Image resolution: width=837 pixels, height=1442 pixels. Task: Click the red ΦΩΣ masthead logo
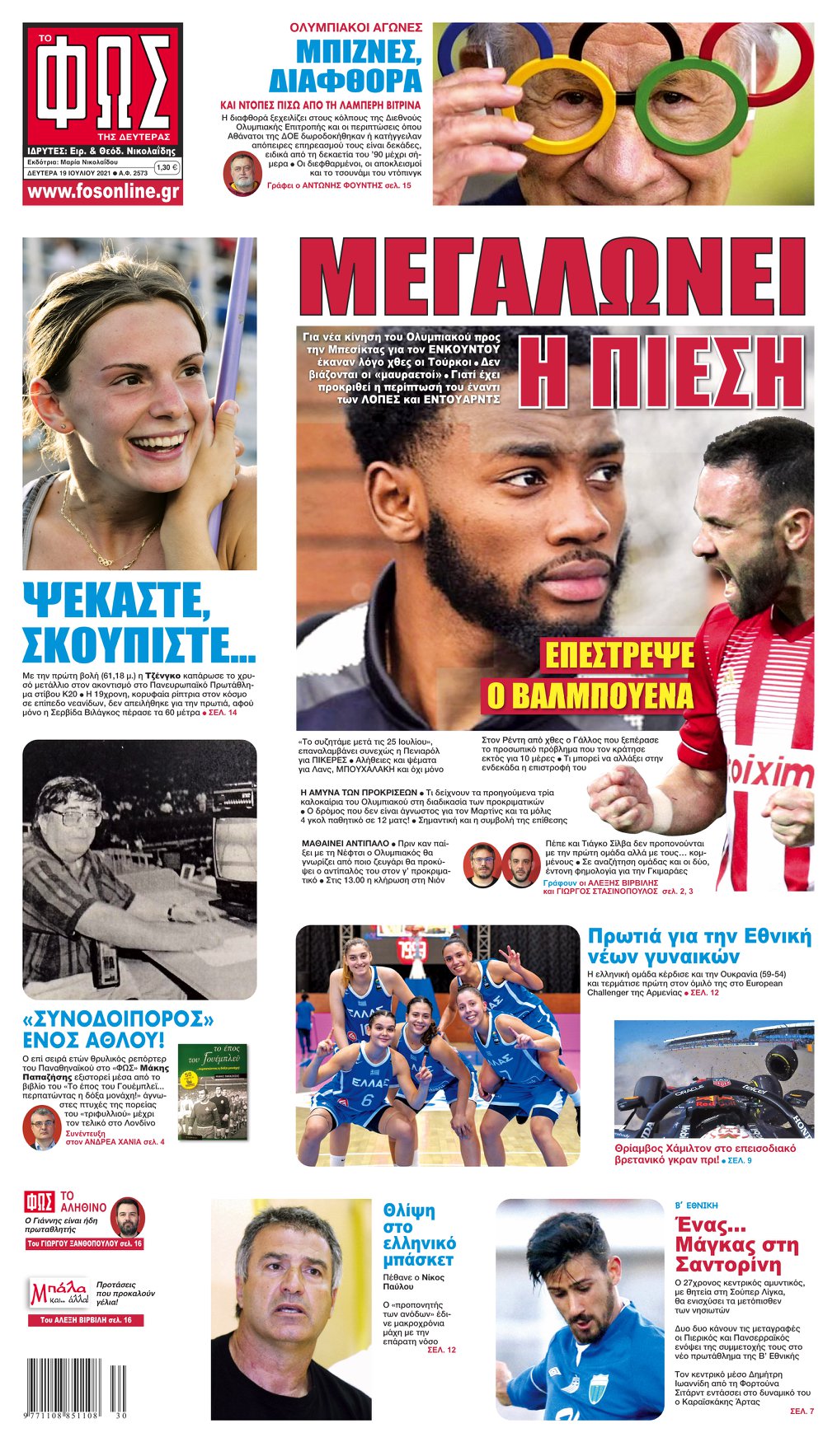(x=102, y=84)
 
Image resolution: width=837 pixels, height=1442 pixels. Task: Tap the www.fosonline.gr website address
(x=102, y=192)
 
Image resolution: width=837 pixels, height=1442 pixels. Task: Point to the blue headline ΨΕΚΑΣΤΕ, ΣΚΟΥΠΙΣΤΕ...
(x=138, y=622)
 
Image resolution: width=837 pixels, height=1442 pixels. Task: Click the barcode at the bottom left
(x=77, y=1387)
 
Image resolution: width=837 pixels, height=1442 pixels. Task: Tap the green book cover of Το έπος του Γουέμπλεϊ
(x=212, y=1092)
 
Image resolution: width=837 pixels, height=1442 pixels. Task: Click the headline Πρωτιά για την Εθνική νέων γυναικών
(x=698, y=945)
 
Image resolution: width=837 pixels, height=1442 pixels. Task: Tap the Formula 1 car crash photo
(x=713, y=1079)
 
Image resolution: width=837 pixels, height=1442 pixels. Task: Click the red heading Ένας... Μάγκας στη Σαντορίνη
(x=736, y=1243)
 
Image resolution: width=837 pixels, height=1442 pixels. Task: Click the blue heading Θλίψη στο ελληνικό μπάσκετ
(x=419, y=1234)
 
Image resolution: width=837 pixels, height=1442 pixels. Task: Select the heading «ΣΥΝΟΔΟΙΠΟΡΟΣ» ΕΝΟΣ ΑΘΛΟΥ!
(x=117, y=1028)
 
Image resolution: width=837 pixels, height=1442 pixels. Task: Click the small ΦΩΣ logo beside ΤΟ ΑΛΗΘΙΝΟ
(x=40, y=1201)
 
